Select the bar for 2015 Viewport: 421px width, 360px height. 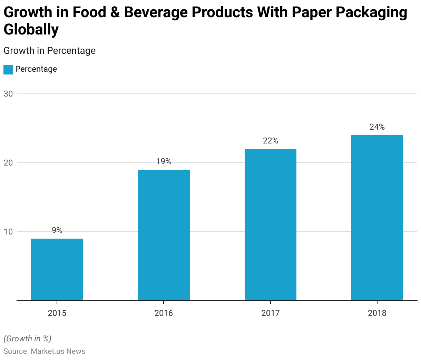click(x=57, y=270)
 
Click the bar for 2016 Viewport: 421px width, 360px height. click(x=164, y=235)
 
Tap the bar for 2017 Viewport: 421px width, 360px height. click(x=271, y=225)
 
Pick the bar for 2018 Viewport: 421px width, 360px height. click(x=377, y=218)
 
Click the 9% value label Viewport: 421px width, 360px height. click(x=57, y=230)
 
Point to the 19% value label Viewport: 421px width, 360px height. click(x=164, y=161)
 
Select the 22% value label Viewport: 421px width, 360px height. click(x=271, y=141)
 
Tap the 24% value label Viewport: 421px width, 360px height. click(x=377, y=127)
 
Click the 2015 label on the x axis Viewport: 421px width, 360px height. click(x=57, y=313)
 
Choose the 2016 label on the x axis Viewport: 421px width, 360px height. click(x=164, y=313)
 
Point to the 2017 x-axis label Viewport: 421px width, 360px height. click(x=271, y=313)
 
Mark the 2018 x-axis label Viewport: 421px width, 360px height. click(x=377, y=313)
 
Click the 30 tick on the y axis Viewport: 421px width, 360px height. click(x=8, y=94)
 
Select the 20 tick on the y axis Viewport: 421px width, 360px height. click(x=8, y=163)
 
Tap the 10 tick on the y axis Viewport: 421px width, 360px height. click(x=8, y=232)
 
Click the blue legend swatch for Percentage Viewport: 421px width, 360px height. click(x=8, y=70)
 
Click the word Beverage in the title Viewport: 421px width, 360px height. click(x=153, y=12)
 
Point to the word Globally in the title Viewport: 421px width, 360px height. click(x=31, y=30)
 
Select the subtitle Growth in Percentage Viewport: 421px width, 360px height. click(x=49, y=51)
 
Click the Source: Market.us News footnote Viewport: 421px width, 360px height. click(x=44, y=351)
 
